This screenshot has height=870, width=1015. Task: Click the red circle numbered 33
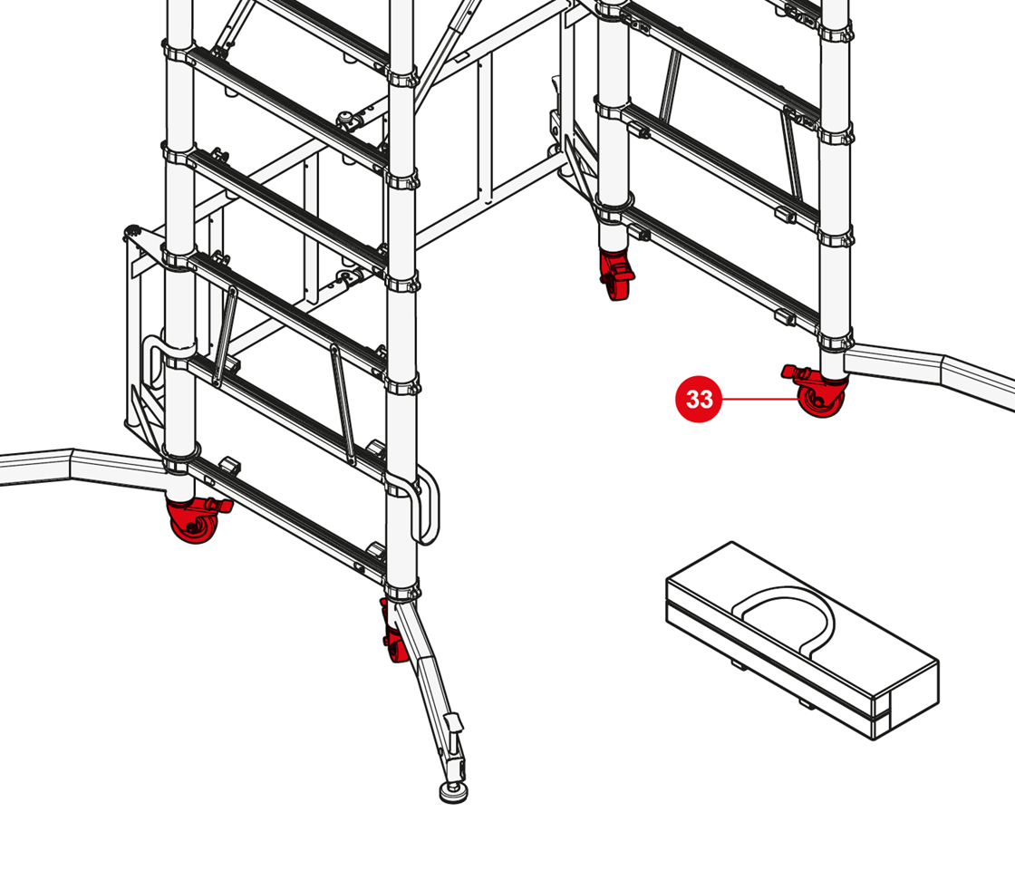coord(699,399)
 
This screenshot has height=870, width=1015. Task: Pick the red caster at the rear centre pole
coord(615,275)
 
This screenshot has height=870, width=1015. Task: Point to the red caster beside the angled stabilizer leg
coord(394,631)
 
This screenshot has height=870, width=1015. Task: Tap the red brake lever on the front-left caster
coord(218,504)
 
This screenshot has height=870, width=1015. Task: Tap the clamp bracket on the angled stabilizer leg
coord(452,723)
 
